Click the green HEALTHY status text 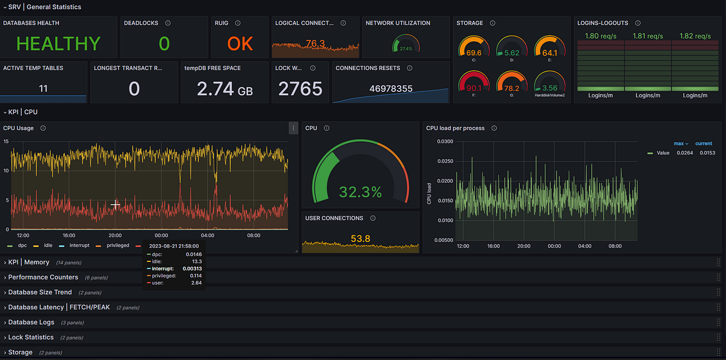click(x=58, y=44)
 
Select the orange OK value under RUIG click(x=240, y=44)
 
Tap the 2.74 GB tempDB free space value click(x=224, y=89)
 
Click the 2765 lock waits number click(x=300, y=89)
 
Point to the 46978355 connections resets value click(x=391, y=89)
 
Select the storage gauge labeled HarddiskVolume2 click(x=549, y=86)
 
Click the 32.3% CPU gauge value click(x=360, y=192)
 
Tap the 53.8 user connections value click(x=360, y=239)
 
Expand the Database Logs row click(x=31, y=322)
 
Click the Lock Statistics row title click(x=31, y=338)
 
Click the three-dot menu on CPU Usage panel click(x=293, y=128)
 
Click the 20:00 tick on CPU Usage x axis click(x=115, y=235)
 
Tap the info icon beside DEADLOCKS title click(x=168, y=23)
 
